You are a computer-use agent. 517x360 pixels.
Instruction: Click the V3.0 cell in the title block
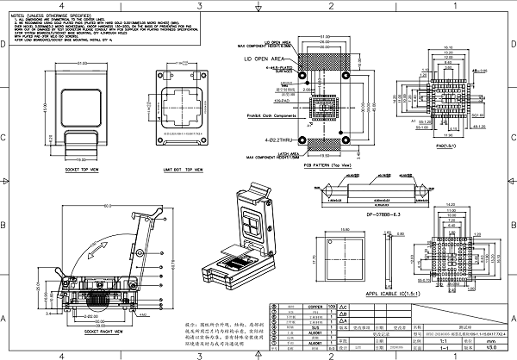pos(491,348)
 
